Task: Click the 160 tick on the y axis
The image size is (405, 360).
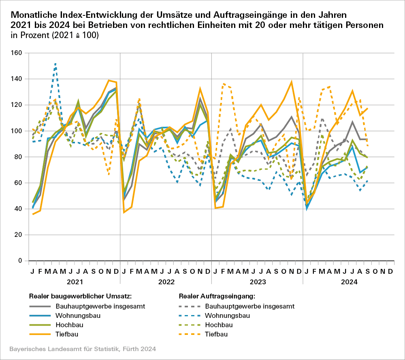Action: [17, 53]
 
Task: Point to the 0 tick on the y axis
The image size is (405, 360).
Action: [19, 261]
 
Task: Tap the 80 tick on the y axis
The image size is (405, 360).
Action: [18, 157]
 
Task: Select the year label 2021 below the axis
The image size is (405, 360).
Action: [75, 281]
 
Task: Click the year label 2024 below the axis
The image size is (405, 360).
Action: [349, 281]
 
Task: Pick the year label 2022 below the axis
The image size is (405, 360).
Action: [166, 281]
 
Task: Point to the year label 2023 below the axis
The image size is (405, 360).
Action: [257, 281]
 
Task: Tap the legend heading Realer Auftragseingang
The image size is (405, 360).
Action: [216, 296]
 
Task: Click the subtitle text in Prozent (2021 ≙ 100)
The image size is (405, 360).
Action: [55, 35]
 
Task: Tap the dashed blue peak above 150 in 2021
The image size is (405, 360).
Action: [55, 64]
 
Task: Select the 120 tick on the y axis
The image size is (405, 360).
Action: [17, 105]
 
